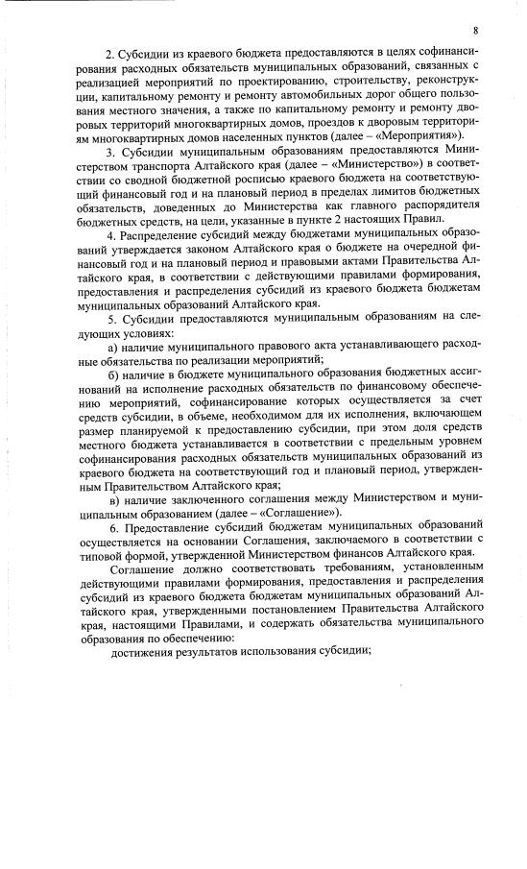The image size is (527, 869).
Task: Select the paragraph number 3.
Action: coord(108,152)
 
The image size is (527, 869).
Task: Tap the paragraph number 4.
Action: coord(108,236)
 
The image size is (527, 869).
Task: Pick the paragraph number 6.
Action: coord(108,528)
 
